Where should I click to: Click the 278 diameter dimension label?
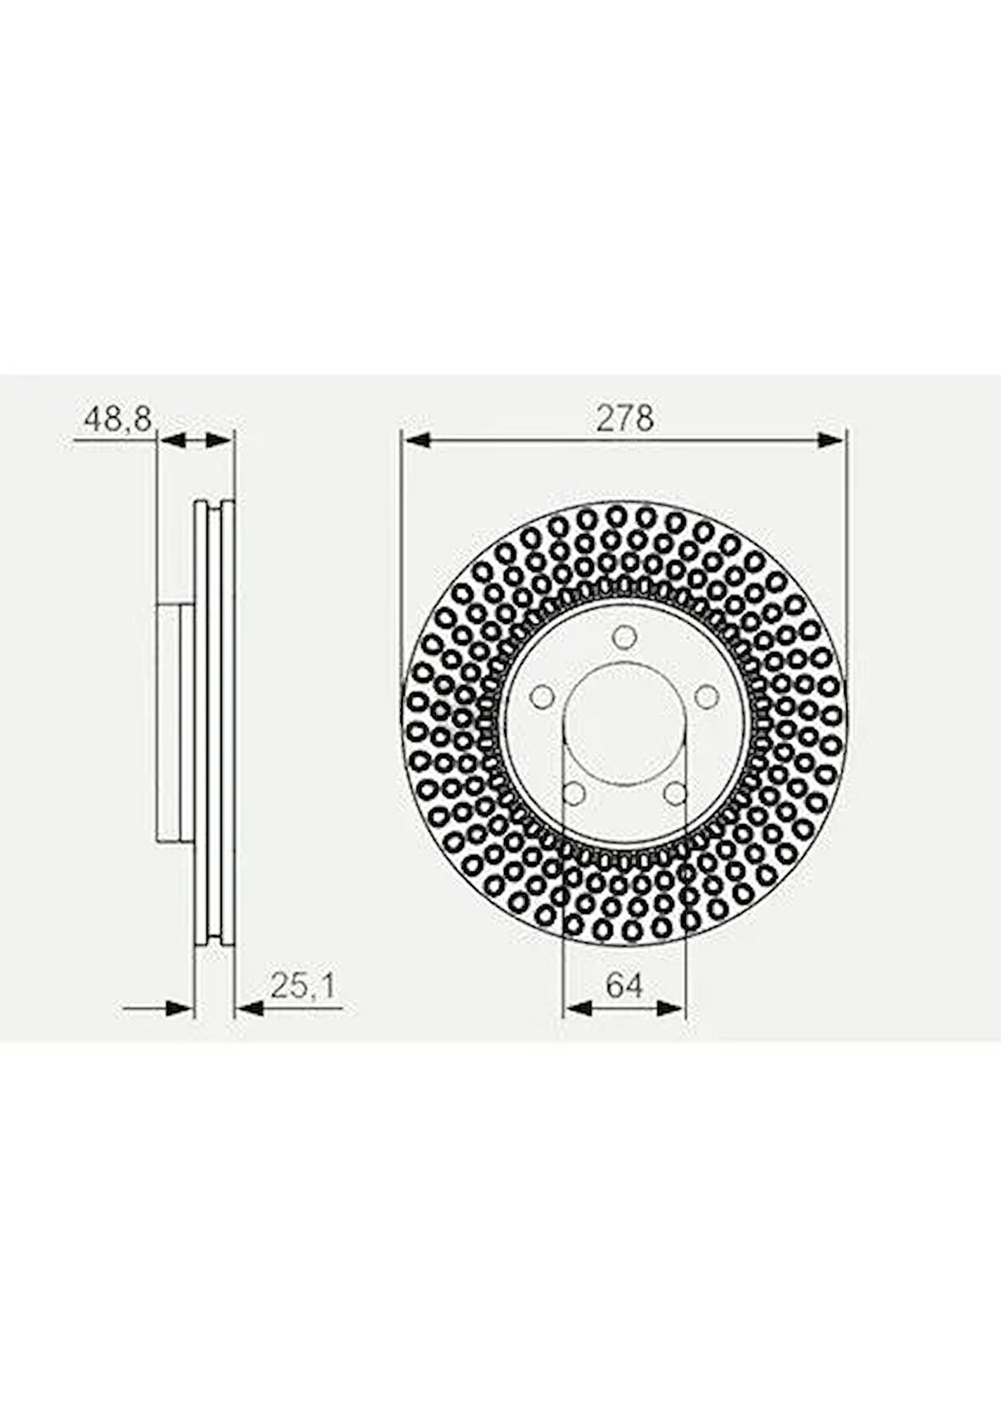click(x=624, y=418)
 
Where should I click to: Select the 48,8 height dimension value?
click(x=116, y=419)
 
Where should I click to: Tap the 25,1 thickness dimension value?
click(x=303, y=985)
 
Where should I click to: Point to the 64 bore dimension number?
click(x=624, y=985)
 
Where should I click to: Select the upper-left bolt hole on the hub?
click(x=540, y=697)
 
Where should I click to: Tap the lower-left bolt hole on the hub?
click(x=573, y=794)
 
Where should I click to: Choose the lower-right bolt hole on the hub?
click(x=676, y=794)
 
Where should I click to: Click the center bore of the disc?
click(x=624, y=725)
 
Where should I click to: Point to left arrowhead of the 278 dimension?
click(x=414, y=439)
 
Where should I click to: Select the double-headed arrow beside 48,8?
click(x=195, y=439)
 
